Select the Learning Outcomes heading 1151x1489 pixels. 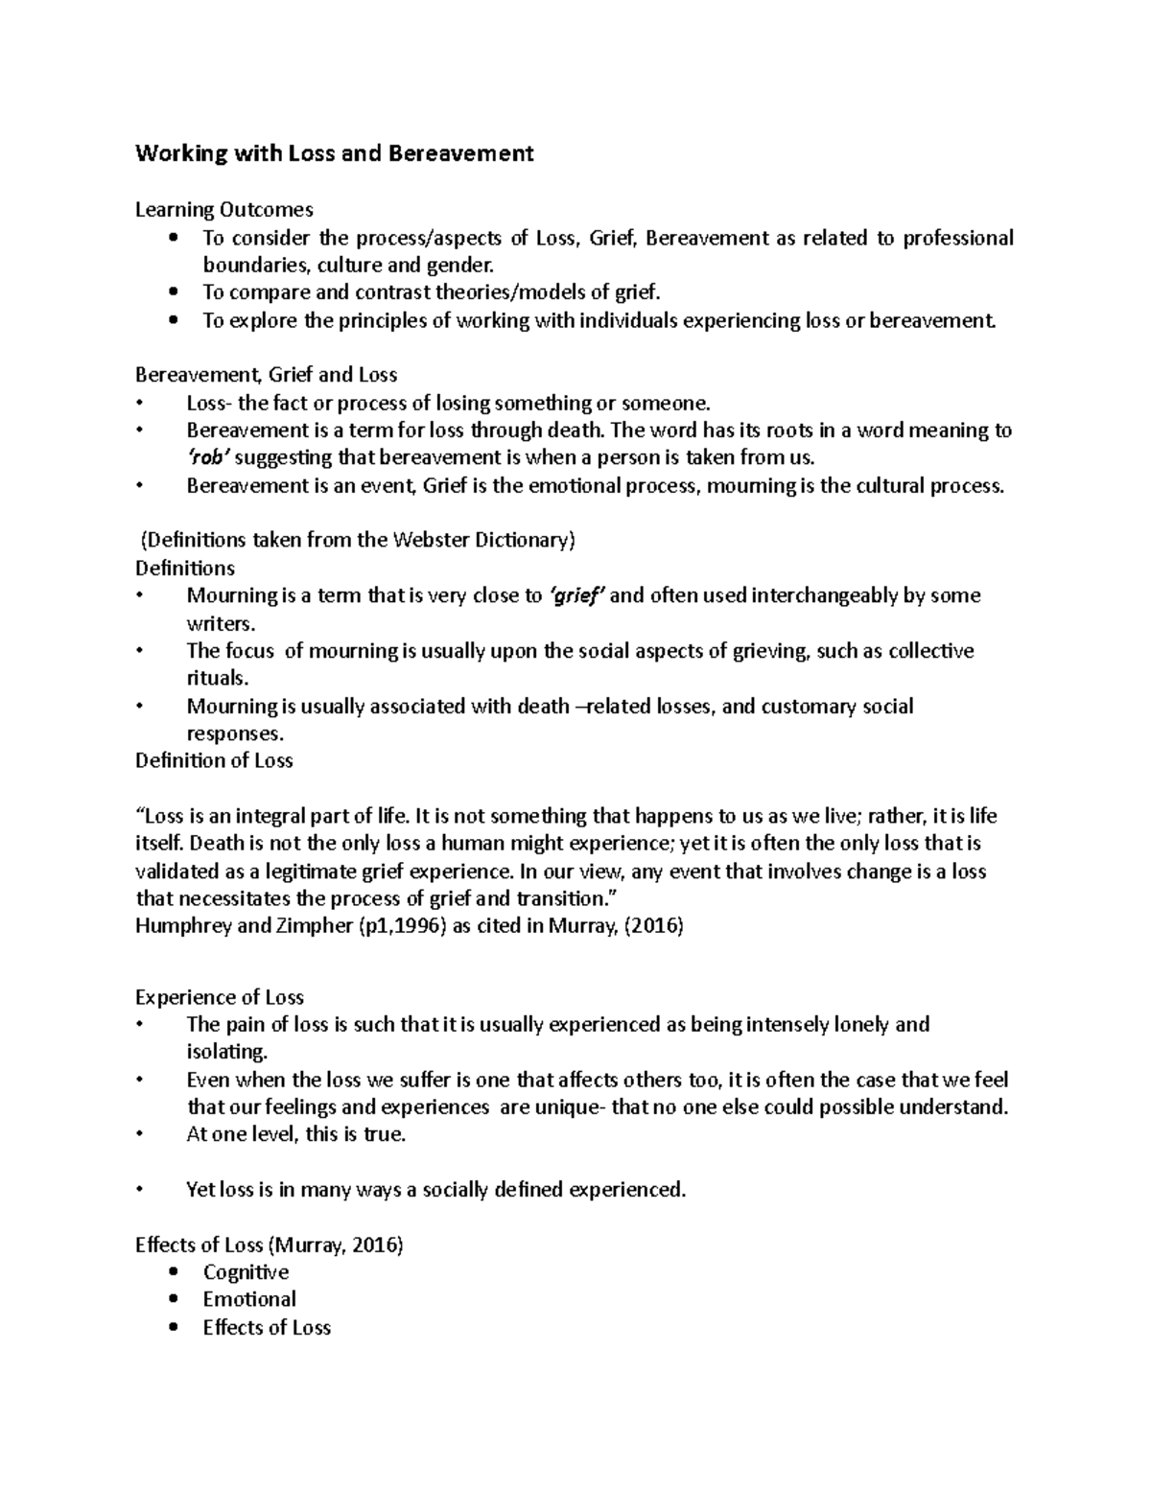pos(223,209)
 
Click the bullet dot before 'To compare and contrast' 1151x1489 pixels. pos(173,292)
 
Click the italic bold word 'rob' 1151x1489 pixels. pos(209,457)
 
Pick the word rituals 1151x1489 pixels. pos(217,678)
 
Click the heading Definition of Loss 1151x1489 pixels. pos(214,760)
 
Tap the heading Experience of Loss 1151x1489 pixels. pos(220,997)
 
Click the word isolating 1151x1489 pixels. pos(226,1052)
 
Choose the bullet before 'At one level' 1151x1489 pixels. pos(140,1135)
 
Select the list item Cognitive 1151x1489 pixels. pos(246,1272)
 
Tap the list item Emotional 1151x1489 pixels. pos(249,1299)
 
